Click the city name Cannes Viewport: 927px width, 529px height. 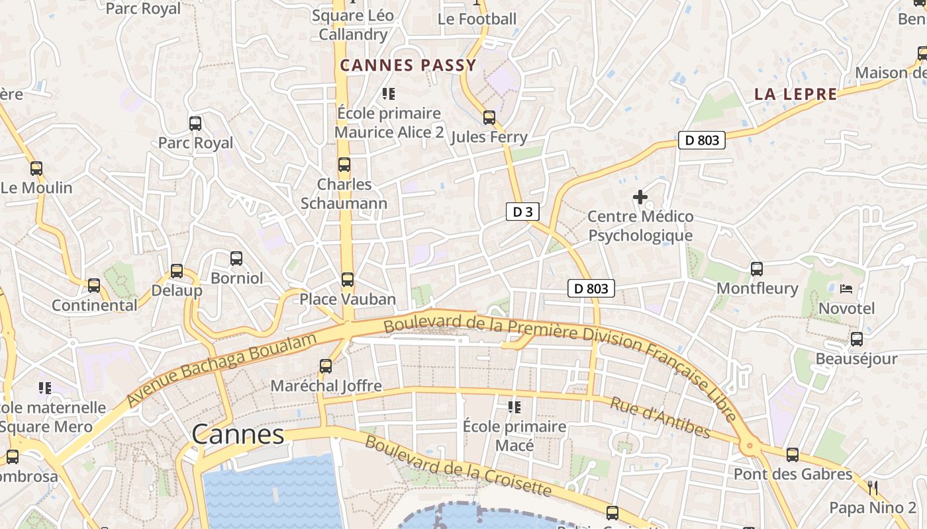(238, 434)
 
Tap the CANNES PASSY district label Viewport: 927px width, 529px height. (408, 65)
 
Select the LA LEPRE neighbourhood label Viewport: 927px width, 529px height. (796, 94)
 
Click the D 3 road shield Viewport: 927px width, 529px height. (522, 212)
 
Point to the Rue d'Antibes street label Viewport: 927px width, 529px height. (659, 418)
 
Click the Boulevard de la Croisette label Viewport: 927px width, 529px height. (458, 466)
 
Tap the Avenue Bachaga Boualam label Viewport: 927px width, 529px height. (222, 370)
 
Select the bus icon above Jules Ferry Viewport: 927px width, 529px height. (489, 118)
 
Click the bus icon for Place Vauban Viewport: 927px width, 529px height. (348, 280)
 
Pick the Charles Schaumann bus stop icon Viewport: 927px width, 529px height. (344, 165)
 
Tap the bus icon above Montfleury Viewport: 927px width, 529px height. (757, 269)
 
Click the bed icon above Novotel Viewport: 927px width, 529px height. (846, 289)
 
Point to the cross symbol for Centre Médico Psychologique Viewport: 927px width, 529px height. (640, 197)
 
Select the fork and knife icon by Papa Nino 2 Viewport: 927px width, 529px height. (873, 488)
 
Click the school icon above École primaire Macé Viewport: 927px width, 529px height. (514, 407)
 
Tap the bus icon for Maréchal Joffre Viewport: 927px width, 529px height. (326, 366)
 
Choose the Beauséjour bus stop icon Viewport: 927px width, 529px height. (857, 339)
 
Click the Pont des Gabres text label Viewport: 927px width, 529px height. (793, 474)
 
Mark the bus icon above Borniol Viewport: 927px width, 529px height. (236, 259)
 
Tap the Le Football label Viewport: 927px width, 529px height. (477, 19)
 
